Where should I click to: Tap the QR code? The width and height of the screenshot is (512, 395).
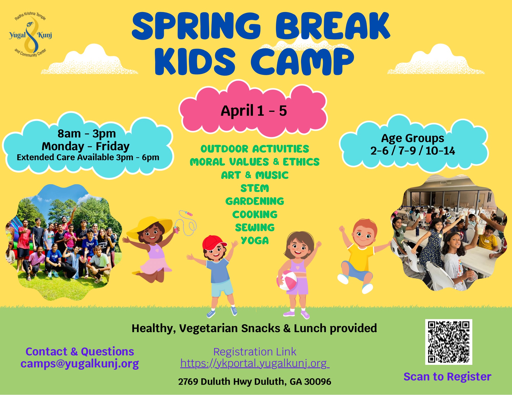click(449, 342)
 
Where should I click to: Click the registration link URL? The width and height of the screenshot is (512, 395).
click(255, 363)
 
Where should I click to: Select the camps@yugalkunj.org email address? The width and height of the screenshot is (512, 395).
click(80, 364)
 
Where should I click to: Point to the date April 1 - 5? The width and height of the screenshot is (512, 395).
click(254, 111)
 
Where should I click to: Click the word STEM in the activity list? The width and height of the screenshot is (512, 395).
click(255, 188)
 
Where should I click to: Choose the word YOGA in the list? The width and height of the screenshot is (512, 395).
click(255, 240)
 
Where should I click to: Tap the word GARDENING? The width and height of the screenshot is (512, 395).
click(255, 201)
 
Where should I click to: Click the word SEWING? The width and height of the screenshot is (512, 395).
click(255, 227)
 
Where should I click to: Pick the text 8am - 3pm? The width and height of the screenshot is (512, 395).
click(87, 134)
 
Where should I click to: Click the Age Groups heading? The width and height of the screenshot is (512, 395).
click(413, 138)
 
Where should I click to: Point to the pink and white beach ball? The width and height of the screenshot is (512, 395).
click(287, 280)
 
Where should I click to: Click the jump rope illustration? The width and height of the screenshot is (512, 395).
click(187, 223)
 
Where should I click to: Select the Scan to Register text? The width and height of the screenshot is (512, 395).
click(447, 377)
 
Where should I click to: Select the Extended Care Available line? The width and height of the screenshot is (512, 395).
click(88, 157)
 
